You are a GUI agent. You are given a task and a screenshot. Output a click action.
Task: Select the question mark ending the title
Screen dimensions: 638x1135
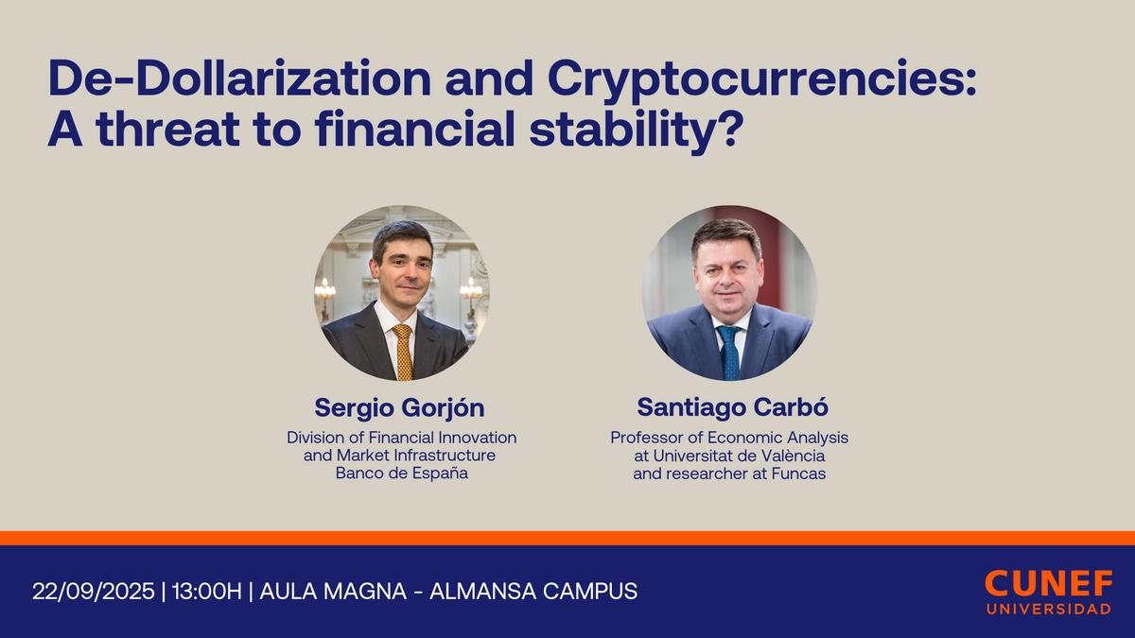(724, 131)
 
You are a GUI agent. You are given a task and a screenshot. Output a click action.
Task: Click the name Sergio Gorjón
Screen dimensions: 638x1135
(399, 407)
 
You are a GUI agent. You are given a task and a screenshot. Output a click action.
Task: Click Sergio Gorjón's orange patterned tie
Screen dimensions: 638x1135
(404, 352)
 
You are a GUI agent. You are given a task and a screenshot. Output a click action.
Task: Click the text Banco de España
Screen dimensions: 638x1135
(401, 474)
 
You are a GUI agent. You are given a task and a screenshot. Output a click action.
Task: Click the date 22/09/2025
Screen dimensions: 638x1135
(94, 592)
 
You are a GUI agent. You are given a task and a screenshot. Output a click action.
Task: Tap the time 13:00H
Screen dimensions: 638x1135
(206, 592)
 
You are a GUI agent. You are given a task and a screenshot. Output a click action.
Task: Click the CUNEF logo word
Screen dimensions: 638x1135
(1047, 583)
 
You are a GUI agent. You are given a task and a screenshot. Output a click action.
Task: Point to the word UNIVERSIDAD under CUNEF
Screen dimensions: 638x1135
(1047, 610)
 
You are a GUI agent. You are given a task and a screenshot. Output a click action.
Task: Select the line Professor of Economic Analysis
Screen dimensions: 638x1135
(729, 438)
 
